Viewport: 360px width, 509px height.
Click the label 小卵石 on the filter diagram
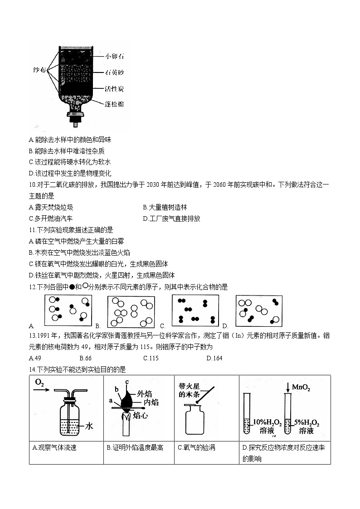tap(114, 57)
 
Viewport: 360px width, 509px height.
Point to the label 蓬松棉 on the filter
tap(114, 104)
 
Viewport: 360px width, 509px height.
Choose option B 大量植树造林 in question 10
tap(165, 207)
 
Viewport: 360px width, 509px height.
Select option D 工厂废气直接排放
tap(171, 218)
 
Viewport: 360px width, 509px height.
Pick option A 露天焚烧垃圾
tap(50, 207)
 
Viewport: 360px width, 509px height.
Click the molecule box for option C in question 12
tap(195, 310)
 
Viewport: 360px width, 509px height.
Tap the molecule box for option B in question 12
tap(131, 311)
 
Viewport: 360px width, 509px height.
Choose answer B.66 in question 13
tap(85, 358)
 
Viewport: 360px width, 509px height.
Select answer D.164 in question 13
tap(214, 358)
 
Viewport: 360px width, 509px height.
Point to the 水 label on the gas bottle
tap(89, 426)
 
